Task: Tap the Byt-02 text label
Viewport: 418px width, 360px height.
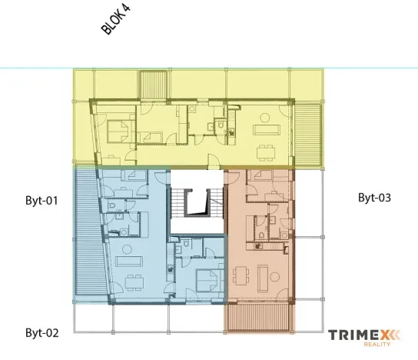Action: (42, 333)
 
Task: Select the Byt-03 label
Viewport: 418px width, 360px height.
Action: (375, 198)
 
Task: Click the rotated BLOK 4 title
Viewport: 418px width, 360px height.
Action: (118, 19)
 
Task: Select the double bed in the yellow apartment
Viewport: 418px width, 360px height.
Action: (118, 130)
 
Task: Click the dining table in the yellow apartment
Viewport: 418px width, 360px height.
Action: (267, 148)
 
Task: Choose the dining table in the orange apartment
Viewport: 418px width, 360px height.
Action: (244, 275)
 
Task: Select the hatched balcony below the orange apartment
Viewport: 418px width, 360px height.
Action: (259, 318)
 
